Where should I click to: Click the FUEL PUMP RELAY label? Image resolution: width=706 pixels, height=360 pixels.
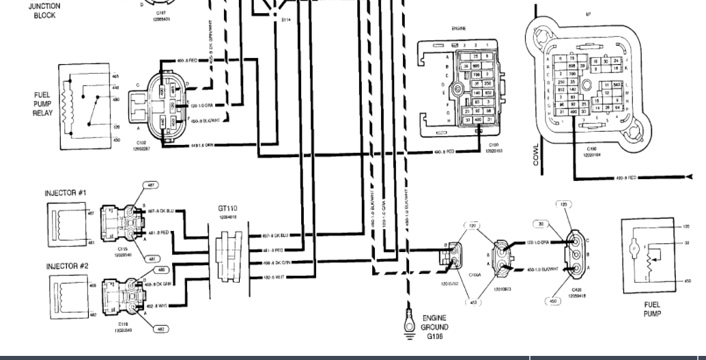pyautogui.click(x=42, y=104)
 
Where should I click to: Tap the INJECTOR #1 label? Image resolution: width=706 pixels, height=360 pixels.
pyautogui.click(x=66, y=193)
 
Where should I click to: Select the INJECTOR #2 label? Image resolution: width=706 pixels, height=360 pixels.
pyautogui.click(x=66, y=266)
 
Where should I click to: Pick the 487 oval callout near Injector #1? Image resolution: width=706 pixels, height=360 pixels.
pyautogui.click(x=150, y=185)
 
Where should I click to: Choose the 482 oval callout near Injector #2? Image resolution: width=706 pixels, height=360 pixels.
pyautogui.click(x=160, y=329)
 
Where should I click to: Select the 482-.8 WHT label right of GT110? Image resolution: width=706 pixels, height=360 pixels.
pyautogui.click(x=272, y=277)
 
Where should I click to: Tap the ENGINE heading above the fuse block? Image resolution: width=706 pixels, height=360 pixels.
pyautogui.click(x=458, y=29)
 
